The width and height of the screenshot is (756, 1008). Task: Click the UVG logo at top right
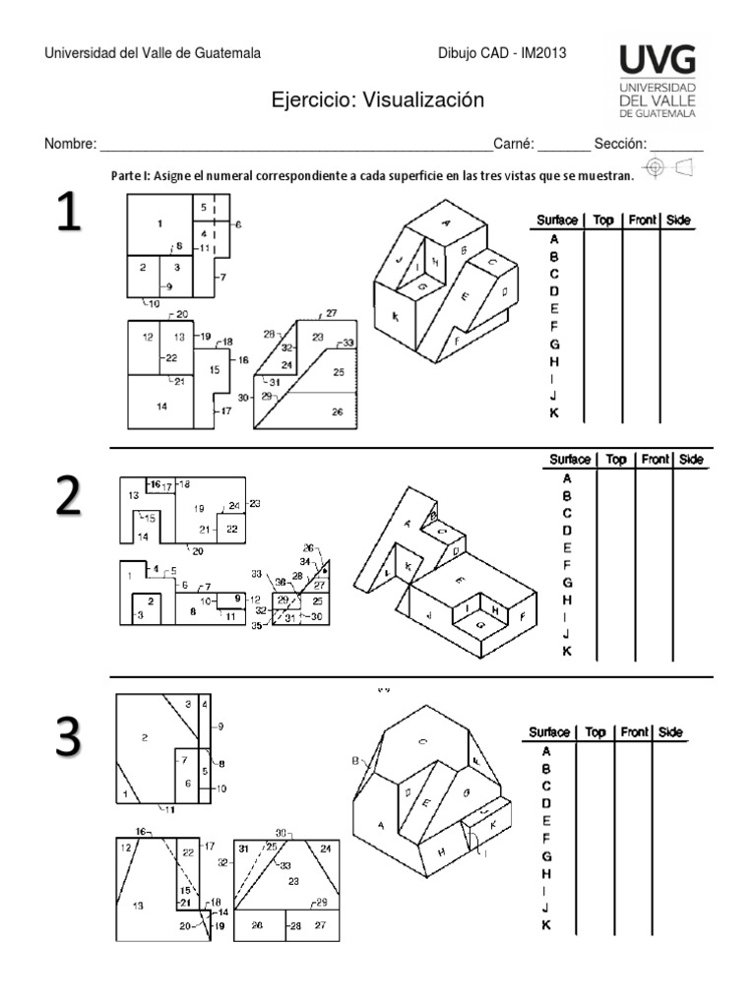(x=657, y=81)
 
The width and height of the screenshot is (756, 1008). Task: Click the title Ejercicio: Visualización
(x=378, y=100)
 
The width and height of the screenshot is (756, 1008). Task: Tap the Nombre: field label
(x=70, y=144)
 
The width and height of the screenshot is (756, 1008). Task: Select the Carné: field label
(x=512, y=144)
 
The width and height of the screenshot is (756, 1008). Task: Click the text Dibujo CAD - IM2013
(x=501, y=54)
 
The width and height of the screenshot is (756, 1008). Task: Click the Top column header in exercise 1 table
(x=603, y=220)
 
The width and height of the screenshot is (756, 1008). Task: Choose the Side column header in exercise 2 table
(x=691, y=460)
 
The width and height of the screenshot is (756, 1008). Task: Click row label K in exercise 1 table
(x=554, y=413)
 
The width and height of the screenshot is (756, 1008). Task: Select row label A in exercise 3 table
(x=546, y=751)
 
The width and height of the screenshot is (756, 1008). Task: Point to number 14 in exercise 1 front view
(x=161, y=406)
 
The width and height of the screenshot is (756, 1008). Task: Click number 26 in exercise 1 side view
(x=338, y=411)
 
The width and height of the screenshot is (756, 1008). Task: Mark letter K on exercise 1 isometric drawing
(x=395, y=317)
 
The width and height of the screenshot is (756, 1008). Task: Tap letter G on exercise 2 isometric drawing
(x=480, y=624)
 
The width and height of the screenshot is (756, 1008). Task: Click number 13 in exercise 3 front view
(x=138, y=905)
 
